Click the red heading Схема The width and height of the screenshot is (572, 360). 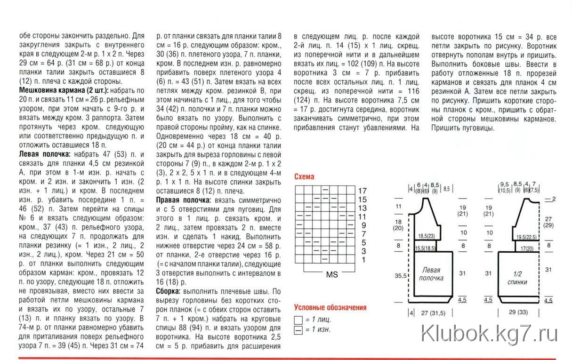(x=304, y=177)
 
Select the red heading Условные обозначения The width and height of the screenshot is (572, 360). (x=330, y=308)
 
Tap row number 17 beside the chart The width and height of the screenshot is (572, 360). (x=362, y=191)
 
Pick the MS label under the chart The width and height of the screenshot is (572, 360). (x=332, y=275)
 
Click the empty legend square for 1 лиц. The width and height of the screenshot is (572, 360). (x=298, y=320)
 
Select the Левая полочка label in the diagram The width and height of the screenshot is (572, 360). (x=431, y=274)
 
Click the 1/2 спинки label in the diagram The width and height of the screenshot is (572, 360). (x=517, y=278)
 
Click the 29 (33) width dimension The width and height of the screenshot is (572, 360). (x=518, y=312)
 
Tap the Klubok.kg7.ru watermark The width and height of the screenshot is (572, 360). (x=490, y=335)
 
